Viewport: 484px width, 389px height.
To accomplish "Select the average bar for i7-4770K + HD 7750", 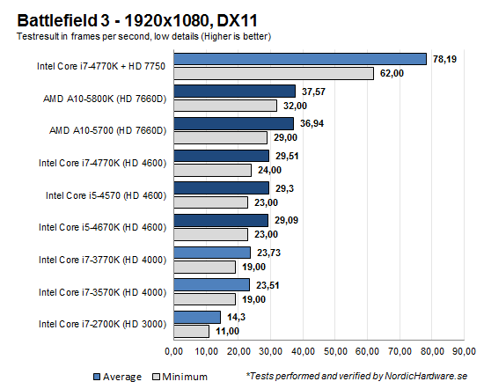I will (x=300, y=59).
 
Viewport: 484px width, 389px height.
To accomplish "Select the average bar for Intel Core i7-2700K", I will (x=197, y=318).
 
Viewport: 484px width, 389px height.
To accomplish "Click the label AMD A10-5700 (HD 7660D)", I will (x=109, y=130).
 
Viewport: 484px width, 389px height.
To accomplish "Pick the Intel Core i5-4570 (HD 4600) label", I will (x=111, y=194).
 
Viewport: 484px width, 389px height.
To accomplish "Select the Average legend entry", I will (x=116, y=376).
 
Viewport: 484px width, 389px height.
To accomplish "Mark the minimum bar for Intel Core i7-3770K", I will (x=205, y=267).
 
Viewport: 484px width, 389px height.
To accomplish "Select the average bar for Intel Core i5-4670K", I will (x=221, y=221).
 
